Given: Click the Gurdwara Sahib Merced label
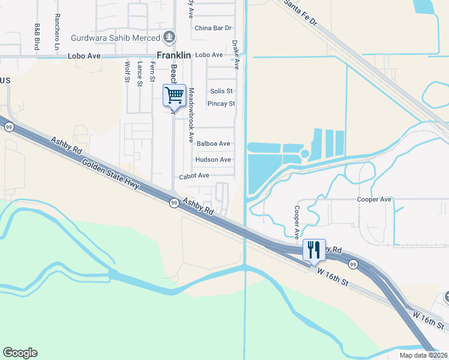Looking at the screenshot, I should click(x=116, y=37).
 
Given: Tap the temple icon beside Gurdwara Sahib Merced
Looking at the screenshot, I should click(x=170, y=37).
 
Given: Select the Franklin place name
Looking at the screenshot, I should click(x=173, y=55).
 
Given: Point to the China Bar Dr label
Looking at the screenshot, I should click(x=213, y=28).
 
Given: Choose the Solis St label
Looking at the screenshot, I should click(x=221, y=91).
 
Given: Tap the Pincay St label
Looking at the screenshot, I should click(x=221, y=104).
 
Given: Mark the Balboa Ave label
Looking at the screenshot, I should click(x=214, y=144).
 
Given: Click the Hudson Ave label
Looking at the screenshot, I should click(x=213, y=160).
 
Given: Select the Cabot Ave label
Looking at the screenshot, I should click(x=194, y=176).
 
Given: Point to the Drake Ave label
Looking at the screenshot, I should click(x=236, y=54).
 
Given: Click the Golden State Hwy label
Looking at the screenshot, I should click(x=111, y=175).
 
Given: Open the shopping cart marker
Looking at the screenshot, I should click(x=174, y=94).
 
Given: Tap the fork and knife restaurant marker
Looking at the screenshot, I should click(x=314, y=250).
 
